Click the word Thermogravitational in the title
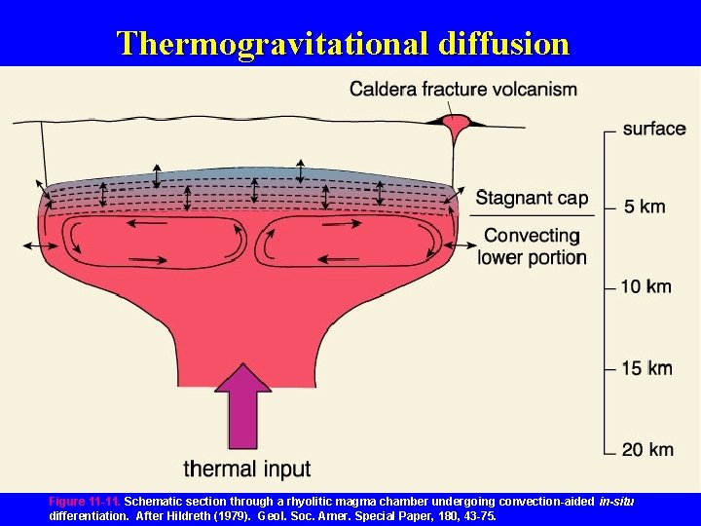pos(273,44)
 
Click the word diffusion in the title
pos(504,44)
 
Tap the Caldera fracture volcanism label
pos(463,90)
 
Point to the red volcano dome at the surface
pos(454,124)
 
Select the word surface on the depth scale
pos(654,129)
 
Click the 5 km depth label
pos(645,207)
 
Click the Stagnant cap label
pos(532,199)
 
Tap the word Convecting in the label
pos(532,236)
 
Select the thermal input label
pos(247,469)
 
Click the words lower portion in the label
pos(532,258)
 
